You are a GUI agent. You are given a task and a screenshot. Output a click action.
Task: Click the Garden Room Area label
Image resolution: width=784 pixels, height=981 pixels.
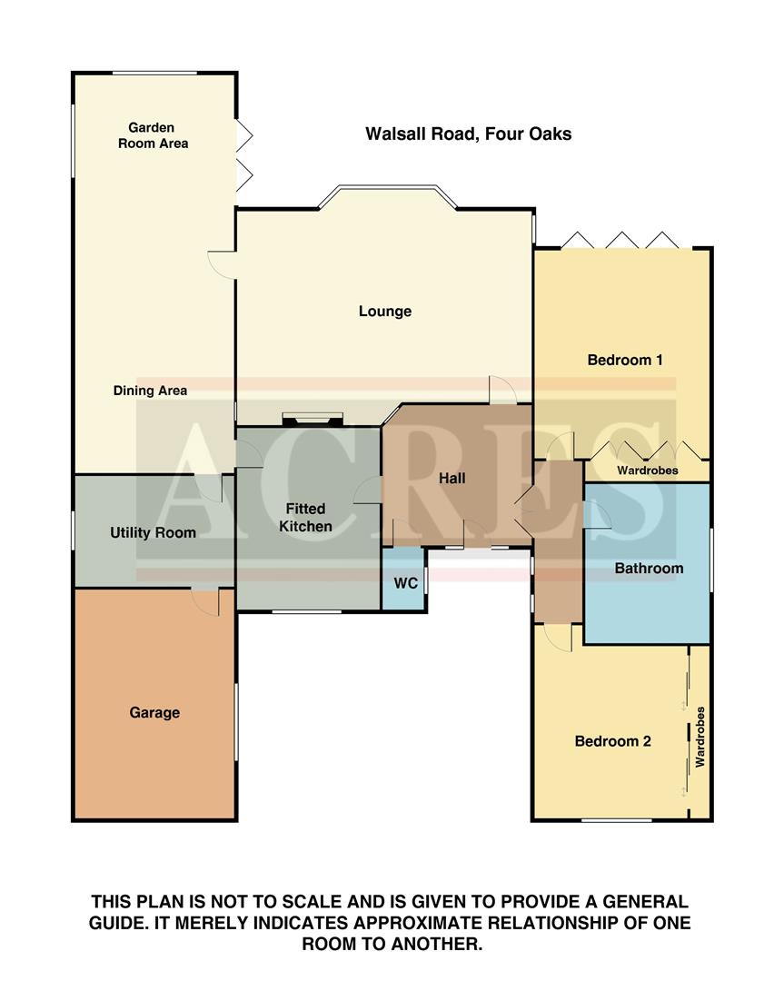point(152,135)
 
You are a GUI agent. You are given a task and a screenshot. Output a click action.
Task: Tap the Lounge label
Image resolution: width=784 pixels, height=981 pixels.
point(384,312)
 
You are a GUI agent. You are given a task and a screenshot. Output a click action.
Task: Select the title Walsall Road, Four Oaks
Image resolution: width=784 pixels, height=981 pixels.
point(468,134)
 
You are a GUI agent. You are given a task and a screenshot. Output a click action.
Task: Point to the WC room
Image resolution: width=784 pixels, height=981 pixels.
point(405,582)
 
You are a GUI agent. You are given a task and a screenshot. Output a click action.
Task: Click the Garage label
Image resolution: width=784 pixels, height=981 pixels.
point(154,713)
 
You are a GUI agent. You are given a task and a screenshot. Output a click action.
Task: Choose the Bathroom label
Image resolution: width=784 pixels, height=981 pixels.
point(649,569)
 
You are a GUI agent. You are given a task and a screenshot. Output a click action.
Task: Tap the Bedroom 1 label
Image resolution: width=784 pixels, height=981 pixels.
point(624,360)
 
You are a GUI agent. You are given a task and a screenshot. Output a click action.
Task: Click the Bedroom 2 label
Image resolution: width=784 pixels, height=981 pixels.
point(612,741)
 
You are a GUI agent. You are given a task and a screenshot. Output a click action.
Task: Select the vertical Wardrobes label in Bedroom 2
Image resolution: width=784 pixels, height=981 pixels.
point(700,738)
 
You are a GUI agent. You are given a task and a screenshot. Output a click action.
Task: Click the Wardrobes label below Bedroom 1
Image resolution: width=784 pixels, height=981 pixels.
point(647,471)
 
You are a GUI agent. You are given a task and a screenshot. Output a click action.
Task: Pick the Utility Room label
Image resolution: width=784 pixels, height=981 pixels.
point(153,532)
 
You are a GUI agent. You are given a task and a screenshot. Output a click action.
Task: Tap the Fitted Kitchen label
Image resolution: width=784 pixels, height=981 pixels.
point(305,518)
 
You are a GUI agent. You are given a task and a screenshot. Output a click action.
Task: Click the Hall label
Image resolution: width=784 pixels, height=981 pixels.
point(452,477)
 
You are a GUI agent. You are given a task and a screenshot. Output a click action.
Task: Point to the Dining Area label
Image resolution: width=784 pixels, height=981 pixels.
point(150,391)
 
